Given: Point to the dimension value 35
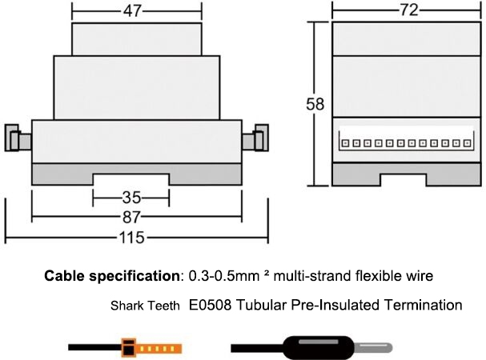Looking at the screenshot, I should click(131, 196).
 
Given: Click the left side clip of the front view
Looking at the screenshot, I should click(15, 140).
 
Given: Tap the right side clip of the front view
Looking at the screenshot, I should click(257, 140).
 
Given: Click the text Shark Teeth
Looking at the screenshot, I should click(145, 306).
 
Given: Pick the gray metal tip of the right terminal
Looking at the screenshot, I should click(373, 348).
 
